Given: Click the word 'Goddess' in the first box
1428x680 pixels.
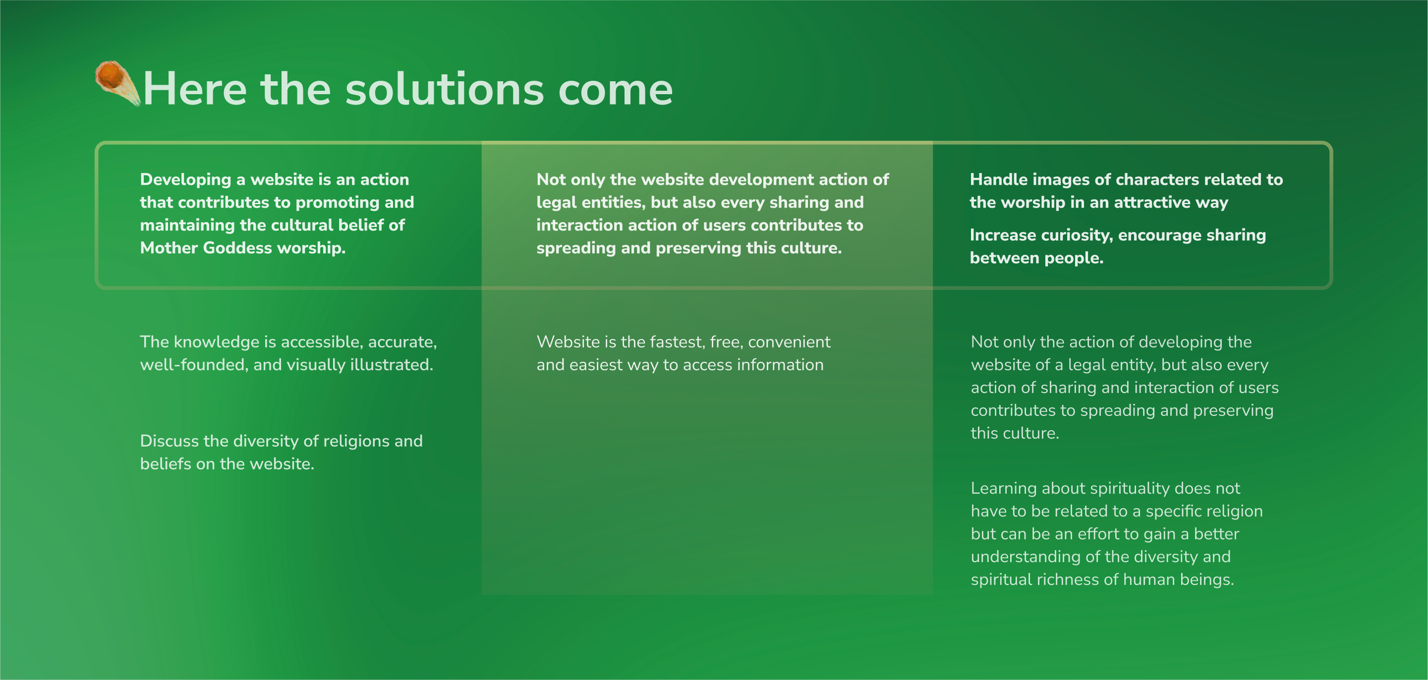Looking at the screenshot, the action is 237,247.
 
